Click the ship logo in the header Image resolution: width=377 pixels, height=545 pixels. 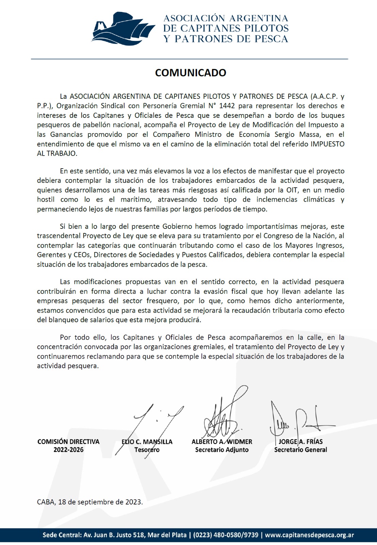pos(123,29)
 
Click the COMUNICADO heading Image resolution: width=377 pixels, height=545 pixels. pos(191,73)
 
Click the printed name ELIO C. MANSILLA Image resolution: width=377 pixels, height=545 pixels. pos(147,442)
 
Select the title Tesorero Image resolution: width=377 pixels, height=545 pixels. pos(147,450)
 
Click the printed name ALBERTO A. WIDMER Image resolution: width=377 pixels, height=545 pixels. pos(222,442)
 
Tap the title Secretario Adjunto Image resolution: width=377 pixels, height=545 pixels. pos(222,450)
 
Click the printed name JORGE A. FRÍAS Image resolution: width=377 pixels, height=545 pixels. pos(300,442)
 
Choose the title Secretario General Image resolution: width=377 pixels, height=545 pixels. pos(300,450)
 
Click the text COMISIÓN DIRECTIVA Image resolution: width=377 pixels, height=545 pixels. pos(68,442)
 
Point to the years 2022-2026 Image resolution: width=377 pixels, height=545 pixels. pos(68,450)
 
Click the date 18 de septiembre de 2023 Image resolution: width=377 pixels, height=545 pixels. pos(100,502)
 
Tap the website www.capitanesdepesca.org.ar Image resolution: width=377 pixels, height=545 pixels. pos(309,535)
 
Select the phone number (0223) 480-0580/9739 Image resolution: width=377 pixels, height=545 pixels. pos(226,535)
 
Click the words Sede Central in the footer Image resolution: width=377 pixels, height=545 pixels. pos(61,535)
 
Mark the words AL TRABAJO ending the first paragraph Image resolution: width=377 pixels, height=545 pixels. pos(56,153)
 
